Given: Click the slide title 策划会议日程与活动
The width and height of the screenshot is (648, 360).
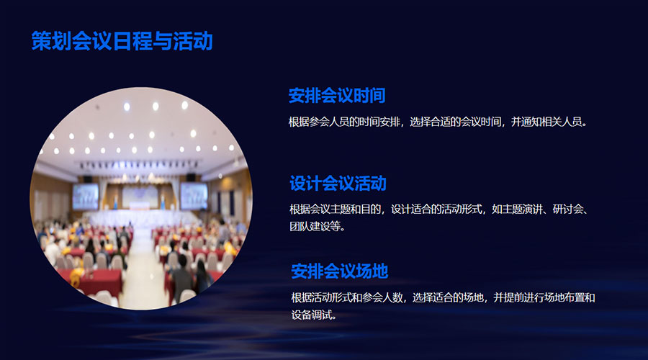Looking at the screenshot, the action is pos(122,41).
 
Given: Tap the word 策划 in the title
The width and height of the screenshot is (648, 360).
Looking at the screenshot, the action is pos(52,41).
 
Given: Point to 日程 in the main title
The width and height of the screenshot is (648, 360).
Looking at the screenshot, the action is pos(132,41).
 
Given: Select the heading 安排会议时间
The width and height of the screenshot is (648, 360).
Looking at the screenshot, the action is pos(337,96).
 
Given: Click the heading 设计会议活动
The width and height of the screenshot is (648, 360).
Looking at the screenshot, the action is pos(338,184).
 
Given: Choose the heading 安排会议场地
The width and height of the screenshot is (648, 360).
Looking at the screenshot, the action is pos(339,271).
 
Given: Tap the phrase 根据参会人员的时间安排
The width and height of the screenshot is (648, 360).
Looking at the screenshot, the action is pos(344,122).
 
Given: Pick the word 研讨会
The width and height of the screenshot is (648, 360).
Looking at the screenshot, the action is pos(568,210).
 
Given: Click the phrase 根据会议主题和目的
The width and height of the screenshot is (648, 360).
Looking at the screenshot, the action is pos(335,210).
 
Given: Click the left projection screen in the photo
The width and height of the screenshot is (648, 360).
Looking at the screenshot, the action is pos(86,197).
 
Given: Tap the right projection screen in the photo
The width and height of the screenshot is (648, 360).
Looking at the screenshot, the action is pos(194,196).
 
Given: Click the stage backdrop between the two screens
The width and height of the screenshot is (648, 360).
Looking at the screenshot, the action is pos(140,197).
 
